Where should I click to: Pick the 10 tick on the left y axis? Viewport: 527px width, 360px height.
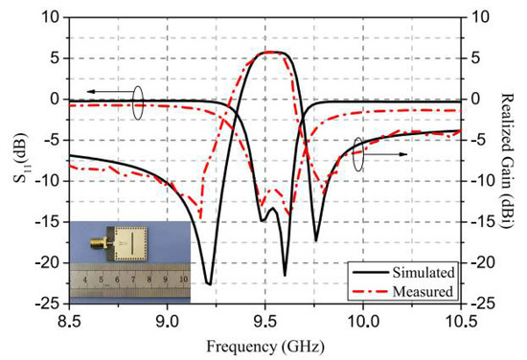point(50,17)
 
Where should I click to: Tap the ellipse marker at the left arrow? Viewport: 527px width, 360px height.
point(139,101)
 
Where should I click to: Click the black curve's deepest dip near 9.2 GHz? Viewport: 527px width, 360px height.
point(209,283)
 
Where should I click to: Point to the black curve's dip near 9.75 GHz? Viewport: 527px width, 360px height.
point(316,240)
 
